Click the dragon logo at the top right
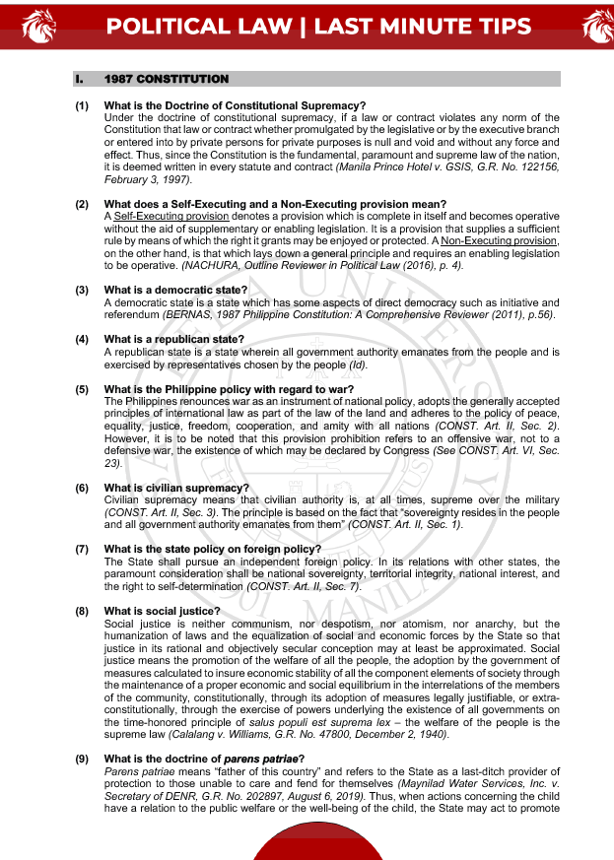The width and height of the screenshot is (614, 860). [598, 27]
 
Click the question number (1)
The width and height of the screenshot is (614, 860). [83, 106]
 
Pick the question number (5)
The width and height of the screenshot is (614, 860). [83, 388]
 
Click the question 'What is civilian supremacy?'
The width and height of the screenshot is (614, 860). [176, 488]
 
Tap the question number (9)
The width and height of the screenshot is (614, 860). [83, 758]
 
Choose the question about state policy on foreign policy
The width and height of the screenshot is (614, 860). [213, 549]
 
